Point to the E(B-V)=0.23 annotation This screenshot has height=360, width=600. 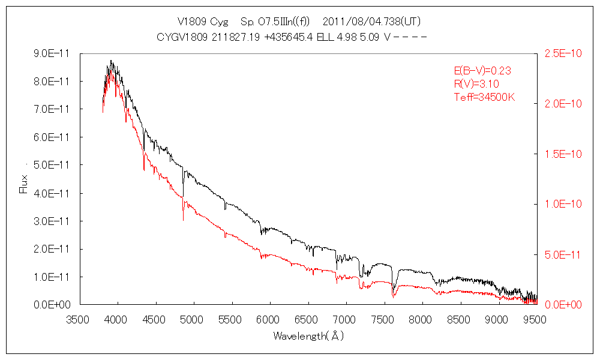click(x=482, y=71)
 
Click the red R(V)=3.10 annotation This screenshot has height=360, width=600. click(x=476, y=84)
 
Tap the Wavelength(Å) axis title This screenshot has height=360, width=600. click(x=308, y=336)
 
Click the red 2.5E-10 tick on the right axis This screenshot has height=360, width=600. click(x=563, y=53)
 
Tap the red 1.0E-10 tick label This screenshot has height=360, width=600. click(x=563, y=204)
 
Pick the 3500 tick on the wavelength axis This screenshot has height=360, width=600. click(x=79, y=319)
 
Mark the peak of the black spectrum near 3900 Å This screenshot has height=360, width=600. click(x=111, y=61)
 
